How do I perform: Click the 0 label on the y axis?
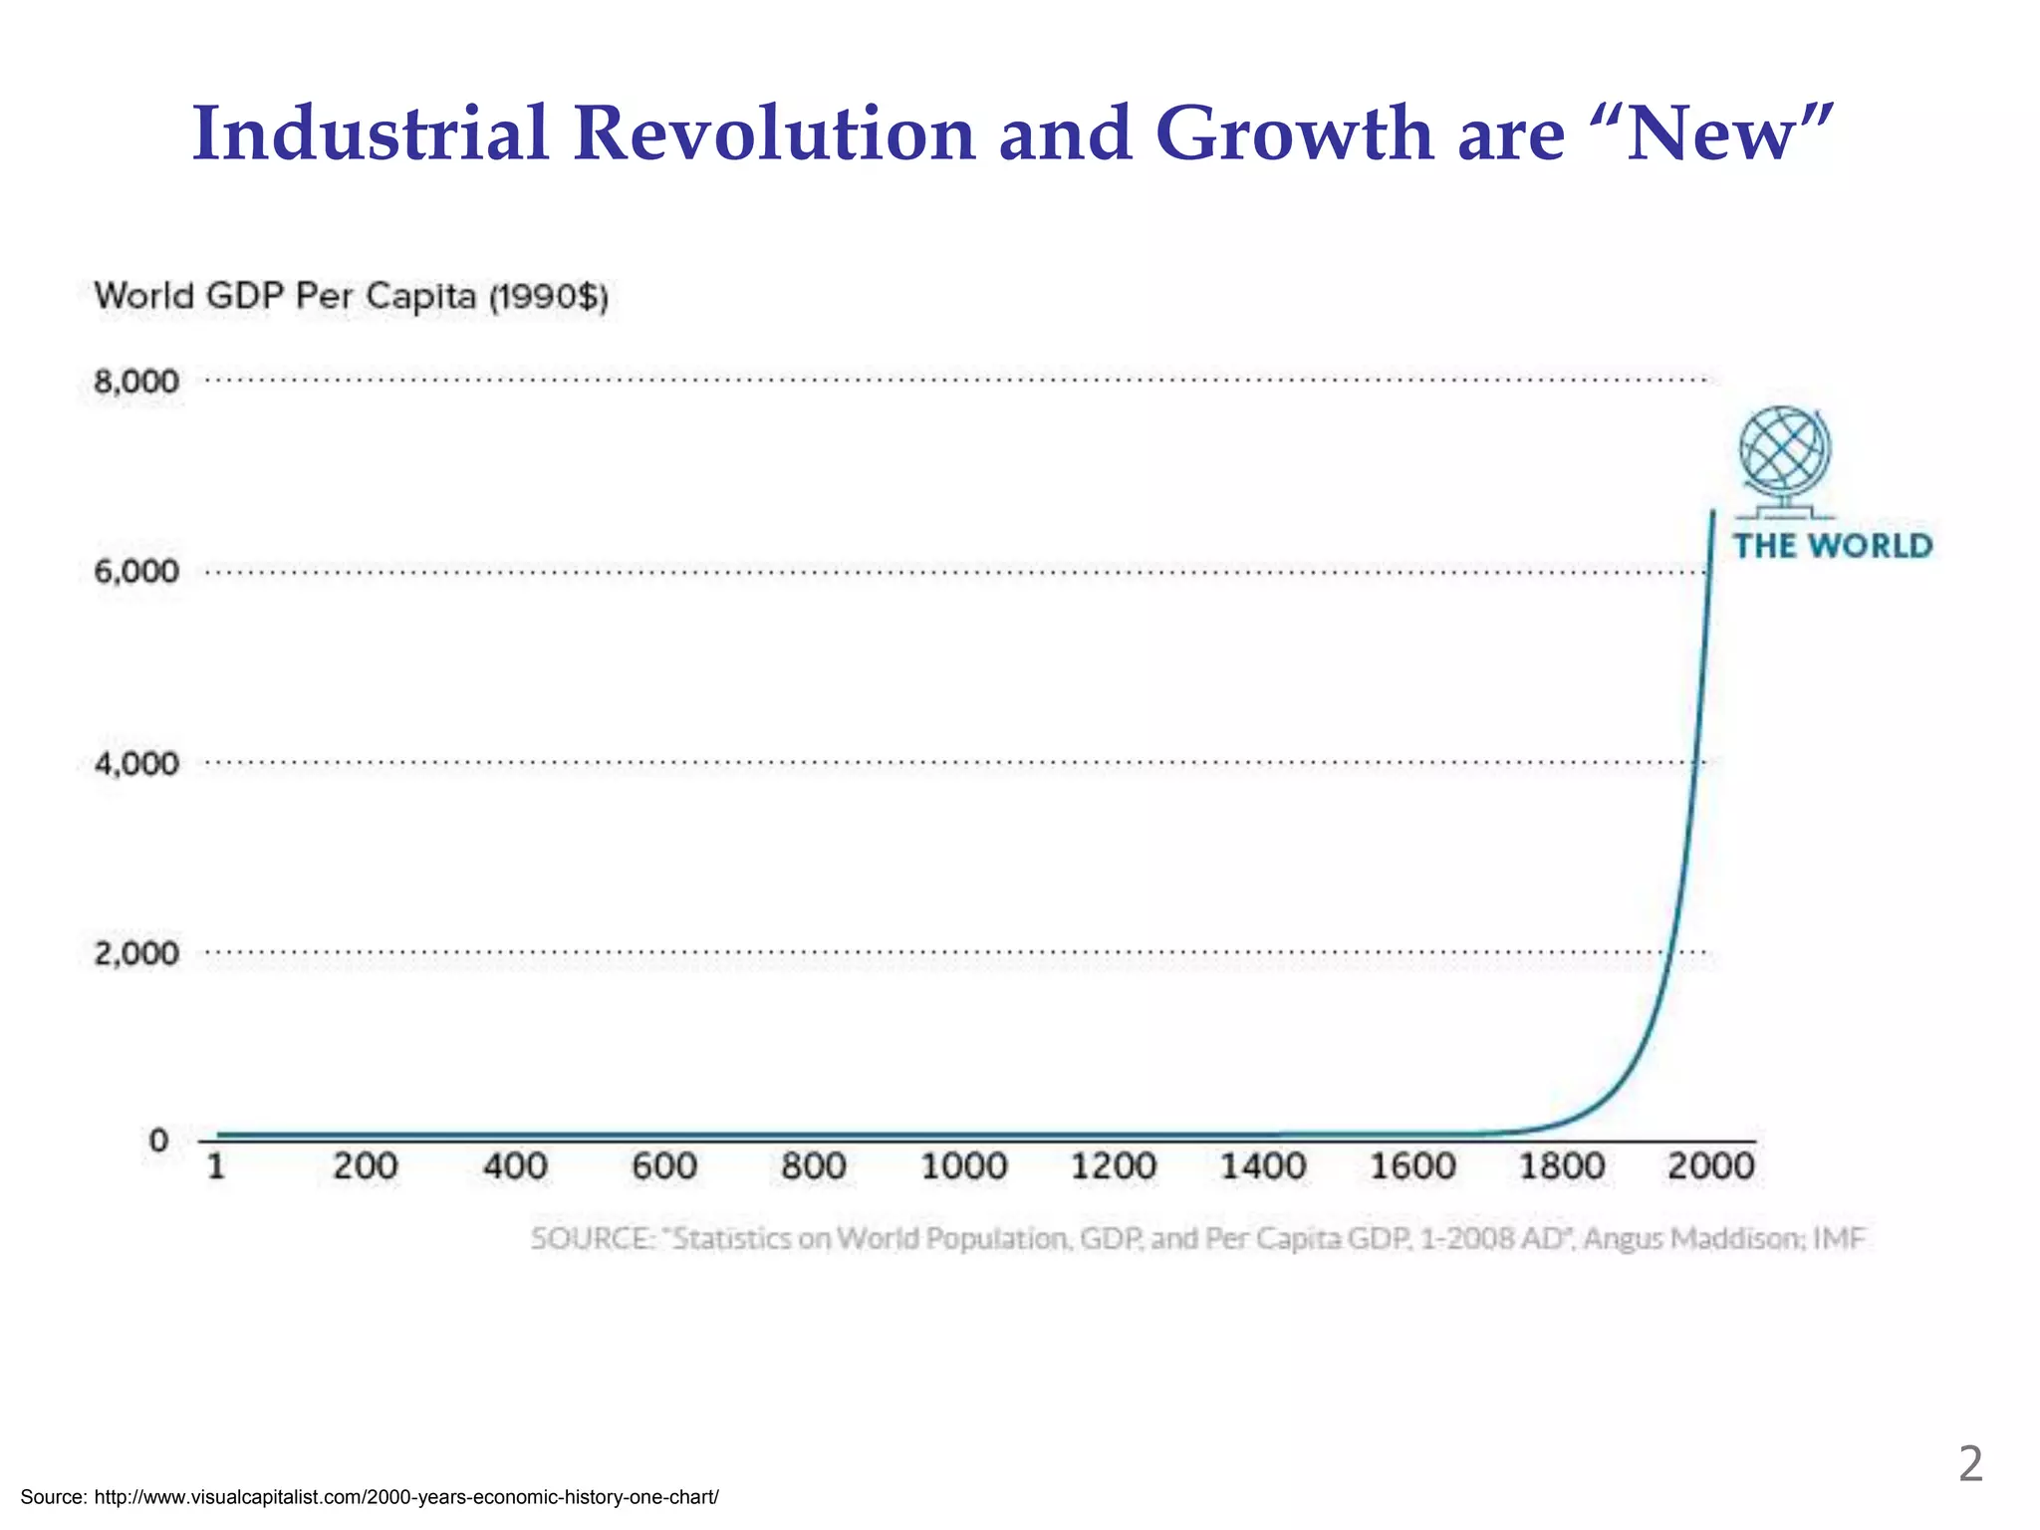tap(158, 1141)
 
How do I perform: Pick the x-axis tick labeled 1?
tap(216, 1166)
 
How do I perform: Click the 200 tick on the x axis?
tap(365, 1166)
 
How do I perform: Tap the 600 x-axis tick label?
tap(664, 1166)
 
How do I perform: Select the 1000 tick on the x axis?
tap(963, 1166)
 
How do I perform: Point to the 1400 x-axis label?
tap(1263, 1166)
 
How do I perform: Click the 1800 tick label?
tap(1562, 1166)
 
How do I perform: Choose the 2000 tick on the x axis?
tap(1711, 1166)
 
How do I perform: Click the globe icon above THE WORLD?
tap(1785, 456)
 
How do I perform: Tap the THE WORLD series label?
tap(1833, 546)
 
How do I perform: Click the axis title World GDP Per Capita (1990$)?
tap(351, 297)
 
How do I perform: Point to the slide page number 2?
tap(1969, 1465)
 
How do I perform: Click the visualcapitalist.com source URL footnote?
tap(405, 1497)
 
